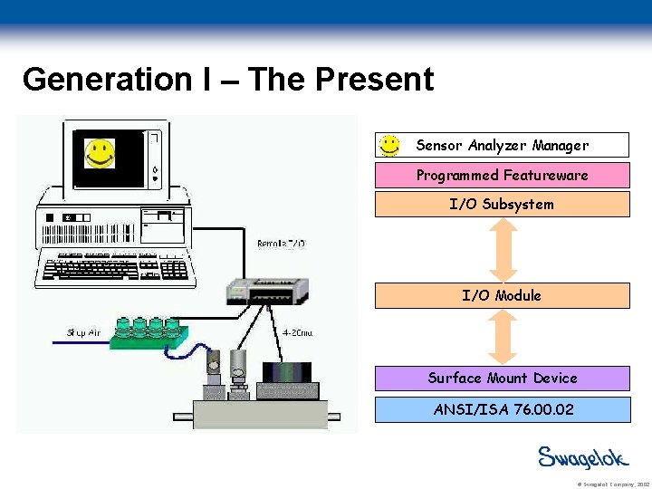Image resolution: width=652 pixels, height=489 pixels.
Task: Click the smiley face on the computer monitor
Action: click(100, 153)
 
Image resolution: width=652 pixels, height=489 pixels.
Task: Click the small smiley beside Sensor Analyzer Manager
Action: click(389, 145)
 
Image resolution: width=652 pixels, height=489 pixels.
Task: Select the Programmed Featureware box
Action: click(503, 175)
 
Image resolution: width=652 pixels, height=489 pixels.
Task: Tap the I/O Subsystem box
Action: click(503, 205)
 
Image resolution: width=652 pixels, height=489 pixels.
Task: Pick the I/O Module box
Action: click(503, 296)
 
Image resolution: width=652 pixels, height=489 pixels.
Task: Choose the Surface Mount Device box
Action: click(503, 379)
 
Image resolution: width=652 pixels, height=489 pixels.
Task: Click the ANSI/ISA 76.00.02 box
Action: click(503, 409)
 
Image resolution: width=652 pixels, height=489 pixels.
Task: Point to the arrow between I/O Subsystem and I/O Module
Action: click(503, 250)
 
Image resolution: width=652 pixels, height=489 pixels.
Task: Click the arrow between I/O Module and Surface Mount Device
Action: click(503, 337)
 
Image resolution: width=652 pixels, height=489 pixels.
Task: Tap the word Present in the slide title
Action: click(374, 80)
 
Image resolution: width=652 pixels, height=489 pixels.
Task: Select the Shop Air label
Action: click(82, 332)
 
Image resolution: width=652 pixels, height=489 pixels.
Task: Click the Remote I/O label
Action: click(282, 244)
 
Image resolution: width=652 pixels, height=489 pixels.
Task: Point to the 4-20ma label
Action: click(298, 332)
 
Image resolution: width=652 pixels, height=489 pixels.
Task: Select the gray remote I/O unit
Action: click(269, 289)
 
